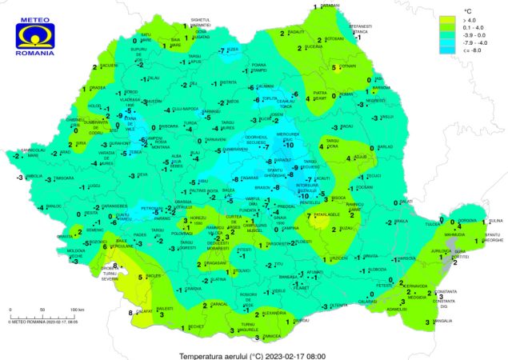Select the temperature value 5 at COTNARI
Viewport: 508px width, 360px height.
pyautogui.click(x=335, y=68)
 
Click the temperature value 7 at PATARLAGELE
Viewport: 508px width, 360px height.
pyautogui.click(x=309, y=216)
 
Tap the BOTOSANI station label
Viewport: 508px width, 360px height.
pyautogui.click(x=334, y=38)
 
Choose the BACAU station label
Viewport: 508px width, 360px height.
pyautogui.click(x=346, y=126)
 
